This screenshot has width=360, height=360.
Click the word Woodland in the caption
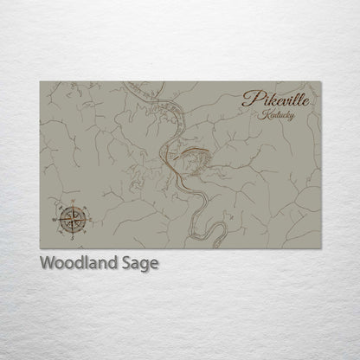(80, 263)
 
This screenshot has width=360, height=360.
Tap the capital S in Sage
(127, 263)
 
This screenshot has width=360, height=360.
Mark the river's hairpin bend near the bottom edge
(223, 230)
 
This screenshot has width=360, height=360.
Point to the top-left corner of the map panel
(40, 81)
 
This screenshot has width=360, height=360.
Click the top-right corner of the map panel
(320, 81)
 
